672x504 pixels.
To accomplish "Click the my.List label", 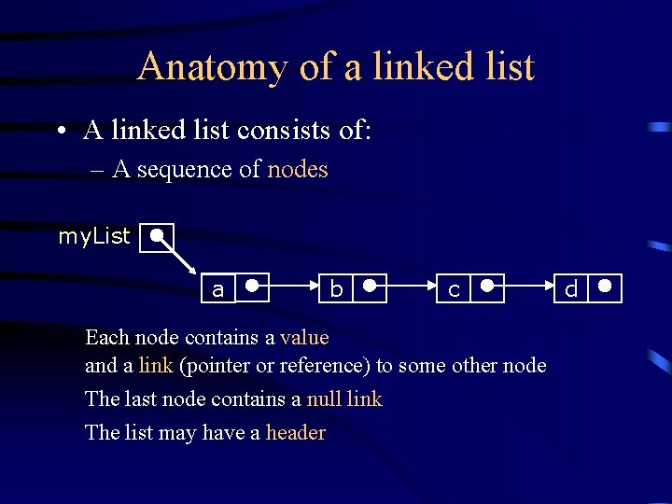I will coord(94,236).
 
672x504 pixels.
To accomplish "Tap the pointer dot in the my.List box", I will coord(160,234).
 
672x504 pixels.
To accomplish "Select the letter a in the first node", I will coord(217,290).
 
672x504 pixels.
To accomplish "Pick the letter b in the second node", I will coord(336,289).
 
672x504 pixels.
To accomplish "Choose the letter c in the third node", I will coord(454,290).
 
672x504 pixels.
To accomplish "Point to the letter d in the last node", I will coord(571,289).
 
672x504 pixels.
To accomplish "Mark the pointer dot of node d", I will coord(606,286).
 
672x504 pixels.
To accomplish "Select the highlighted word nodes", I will coord(298,169).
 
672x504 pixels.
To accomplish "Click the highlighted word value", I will coord(304,336).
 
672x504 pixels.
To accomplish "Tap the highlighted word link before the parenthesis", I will coord(156,365).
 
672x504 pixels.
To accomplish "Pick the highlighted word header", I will coord(296,432).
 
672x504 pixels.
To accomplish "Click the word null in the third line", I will coord(324,399).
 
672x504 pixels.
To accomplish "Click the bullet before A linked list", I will coord(59,132).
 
